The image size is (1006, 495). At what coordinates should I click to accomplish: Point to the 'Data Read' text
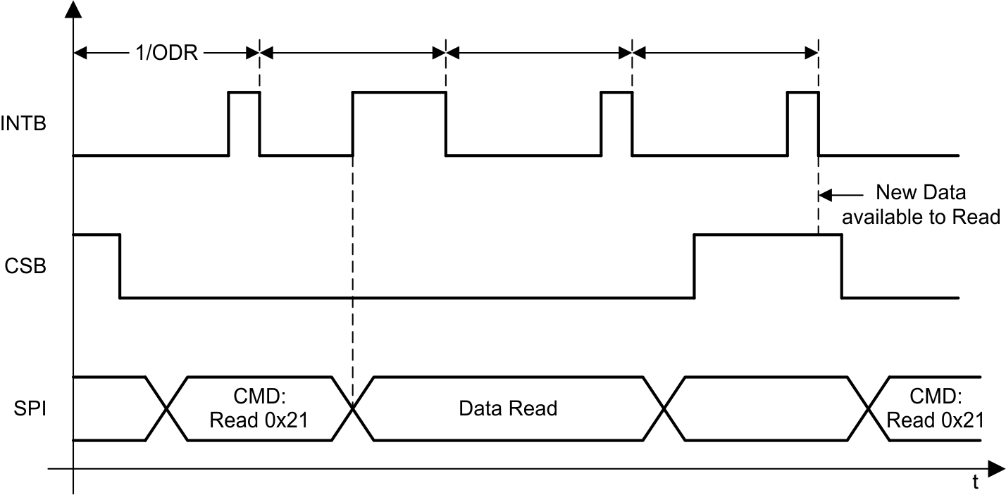pyautogui.click(x=508, y=408)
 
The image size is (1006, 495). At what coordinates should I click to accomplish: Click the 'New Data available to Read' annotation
pyautogui.click(x=921, y=205)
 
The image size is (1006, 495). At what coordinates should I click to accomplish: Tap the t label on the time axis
pyautogui.click(x=975, y=482)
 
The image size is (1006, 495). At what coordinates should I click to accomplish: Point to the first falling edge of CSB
pyautogui.click(x=120, y=266)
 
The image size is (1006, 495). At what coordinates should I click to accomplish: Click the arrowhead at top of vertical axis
pyautogui.click(x=73, y=10)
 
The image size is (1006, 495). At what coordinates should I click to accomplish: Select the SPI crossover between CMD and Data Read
pyautogui.click(x=352, y=409)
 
